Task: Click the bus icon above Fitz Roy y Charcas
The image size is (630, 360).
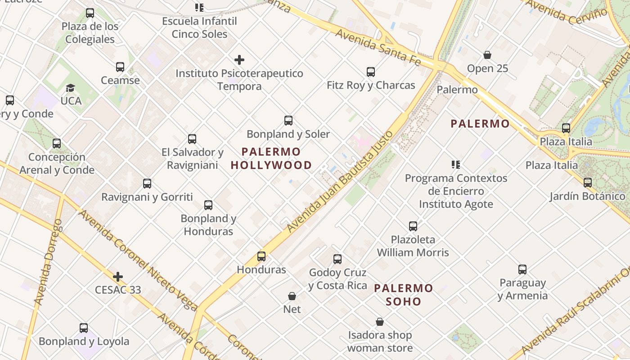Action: [x=370, y=72]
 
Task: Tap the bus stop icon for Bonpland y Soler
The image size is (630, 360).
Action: [x=288, y=121]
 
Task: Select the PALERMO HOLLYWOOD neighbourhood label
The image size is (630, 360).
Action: [x=271, y=158]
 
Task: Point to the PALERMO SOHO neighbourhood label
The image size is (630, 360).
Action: [x=404, y=295]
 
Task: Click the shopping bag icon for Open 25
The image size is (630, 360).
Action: [x=487, y=55]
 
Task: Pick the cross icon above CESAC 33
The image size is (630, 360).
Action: [x=118, y=276]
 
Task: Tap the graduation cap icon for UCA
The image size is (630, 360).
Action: [x=70, y=88]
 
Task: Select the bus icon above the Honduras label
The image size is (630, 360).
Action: [x=261, y=256]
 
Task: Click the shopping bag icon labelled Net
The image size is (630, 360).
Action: [x=292, y=296]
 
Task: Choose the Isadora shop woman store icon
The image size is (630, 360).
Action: [x=380, y=322]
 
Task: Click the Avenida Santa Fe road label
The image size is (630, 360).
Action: [x=378, y=47]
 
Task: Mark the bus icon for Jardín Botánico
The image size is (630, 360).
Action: [x=587, y=183]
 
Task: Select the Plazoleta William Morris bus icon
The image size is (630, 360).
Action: [x=413, y=226]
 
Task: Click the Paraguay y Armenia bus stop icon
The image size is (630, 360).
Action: [x=522, y=270]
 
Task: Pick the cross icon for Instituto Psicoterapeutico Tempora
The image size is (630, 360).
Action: [x=239, y=60]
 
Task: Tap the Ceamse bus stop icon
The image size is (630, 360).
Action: [x=120, y=67]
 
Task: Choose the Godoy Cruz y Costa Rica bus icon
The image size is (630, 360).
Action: [x=337, y=259]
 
